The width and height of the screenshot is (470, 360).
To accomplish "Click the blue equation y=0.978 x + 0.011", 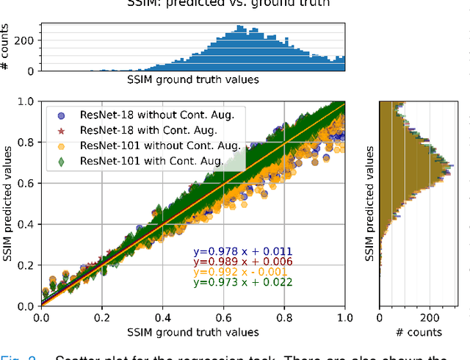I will coord(242,251).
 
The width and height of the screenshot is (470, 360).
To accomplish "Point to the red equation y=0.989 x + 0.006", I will coord(242,262).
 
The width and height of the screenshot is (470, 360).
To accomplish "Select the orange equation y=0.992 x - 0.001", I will coord(242,272).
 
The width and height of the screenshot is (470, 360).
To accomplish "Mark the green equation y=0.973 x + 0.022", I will coord(242,282).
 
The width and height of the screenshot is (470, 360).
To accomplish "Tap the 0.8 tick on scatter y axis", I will coord(28,143).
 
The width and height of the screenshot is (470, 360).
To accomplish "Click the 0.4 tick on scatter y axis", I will coord(28,224).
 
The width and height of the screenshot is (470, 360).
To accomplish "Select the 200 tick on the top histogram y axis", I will coord(26,41).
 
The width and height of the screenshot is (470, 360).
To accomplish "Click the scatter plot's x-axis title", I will coord(193,332).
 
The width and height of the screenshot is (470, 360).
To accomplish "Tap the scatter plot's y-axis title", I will coord(10,204).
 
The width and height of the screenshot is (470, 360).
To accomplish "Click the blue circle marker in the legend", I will coord(62,115).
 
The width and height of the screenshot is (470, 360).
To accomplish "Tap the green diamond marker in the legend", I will coord(62,160).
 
